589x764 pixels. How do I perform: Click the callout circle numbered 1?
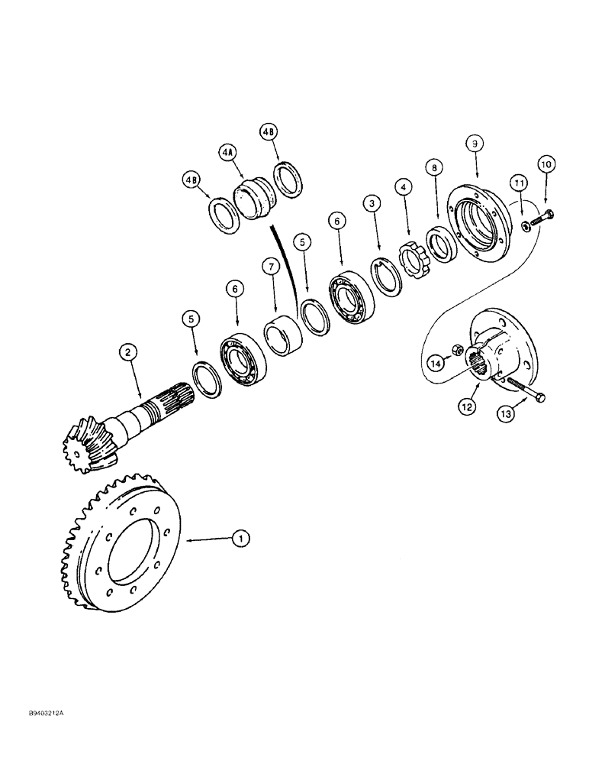coord(241,539)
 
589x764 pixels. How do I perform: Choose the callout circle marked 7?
coord(268,267)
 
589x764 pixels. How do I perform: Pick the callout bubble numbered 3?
coord(372,204)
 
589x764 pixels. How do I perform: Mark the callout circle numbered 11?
coord(519,183)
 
